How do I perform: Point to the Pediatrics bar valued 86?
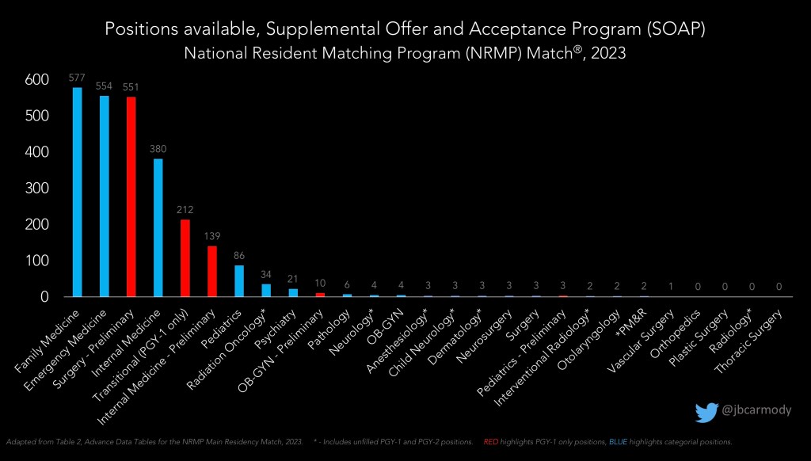click(238, 280)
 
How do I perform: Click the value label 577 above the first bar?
click(78, 78)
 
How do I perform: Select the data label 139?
click(211, 237)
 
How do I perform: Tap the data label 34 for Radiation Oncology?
click(265, 275)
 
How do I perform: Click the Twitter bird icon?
click(706, 412)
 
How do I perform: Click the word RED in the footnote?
click(490, 440)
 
